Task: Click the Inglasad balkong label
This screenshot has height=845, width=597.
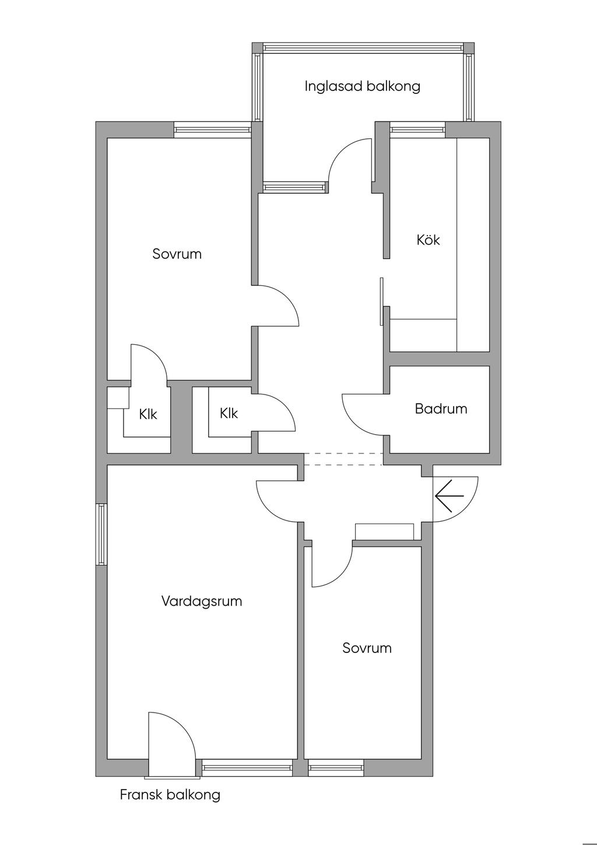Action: pyautogui.click(x=362, y=86)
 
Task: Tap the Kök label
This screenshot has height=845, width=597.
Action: pyautogui.click(x=428, y=239)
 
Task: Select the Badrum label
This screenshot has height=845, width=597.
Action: pyautogui.click(x=441, y=408)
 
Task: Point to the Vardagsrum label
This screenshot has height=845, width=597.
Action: pyautogui.click(x=201, y=601)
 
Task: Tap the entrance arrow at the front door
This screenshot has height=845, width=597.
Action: pyautogui.click(x=449, y=496)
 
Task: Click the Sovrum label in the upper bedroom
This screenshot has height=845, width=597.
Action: pyautogui.click(x=177, y=254)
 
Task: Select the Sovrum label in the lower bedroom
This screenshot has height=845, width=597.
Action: pyautogui.click(x=367, y=648)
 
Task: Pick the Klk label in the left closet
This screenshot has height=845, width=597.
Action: pyautogui.click(x=148, y=414)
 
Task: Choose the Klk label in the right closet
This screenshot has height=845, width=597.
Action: pyautogui.click(x=229, y=413)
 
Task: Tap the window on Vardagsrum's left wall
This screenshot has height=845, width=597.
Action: pyautogui.click(x=101, y=534)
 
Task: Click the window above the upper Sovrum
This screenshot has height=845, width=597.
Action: pyautogui.click(x=212, y=130)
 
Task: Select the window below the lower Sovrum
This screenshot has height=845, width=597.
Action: pyautogui.click(x=336, y=767)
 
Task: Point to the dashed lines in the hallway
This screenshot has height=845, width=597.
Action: pyautogui.click(x=343, y=459)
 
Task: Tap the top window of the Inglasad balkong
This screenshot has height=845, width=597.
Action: pyautogui.click(x=363, y=48)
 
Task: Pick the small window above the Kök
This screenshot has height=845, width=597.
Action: pyautogui.click(x=417, y=130)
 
